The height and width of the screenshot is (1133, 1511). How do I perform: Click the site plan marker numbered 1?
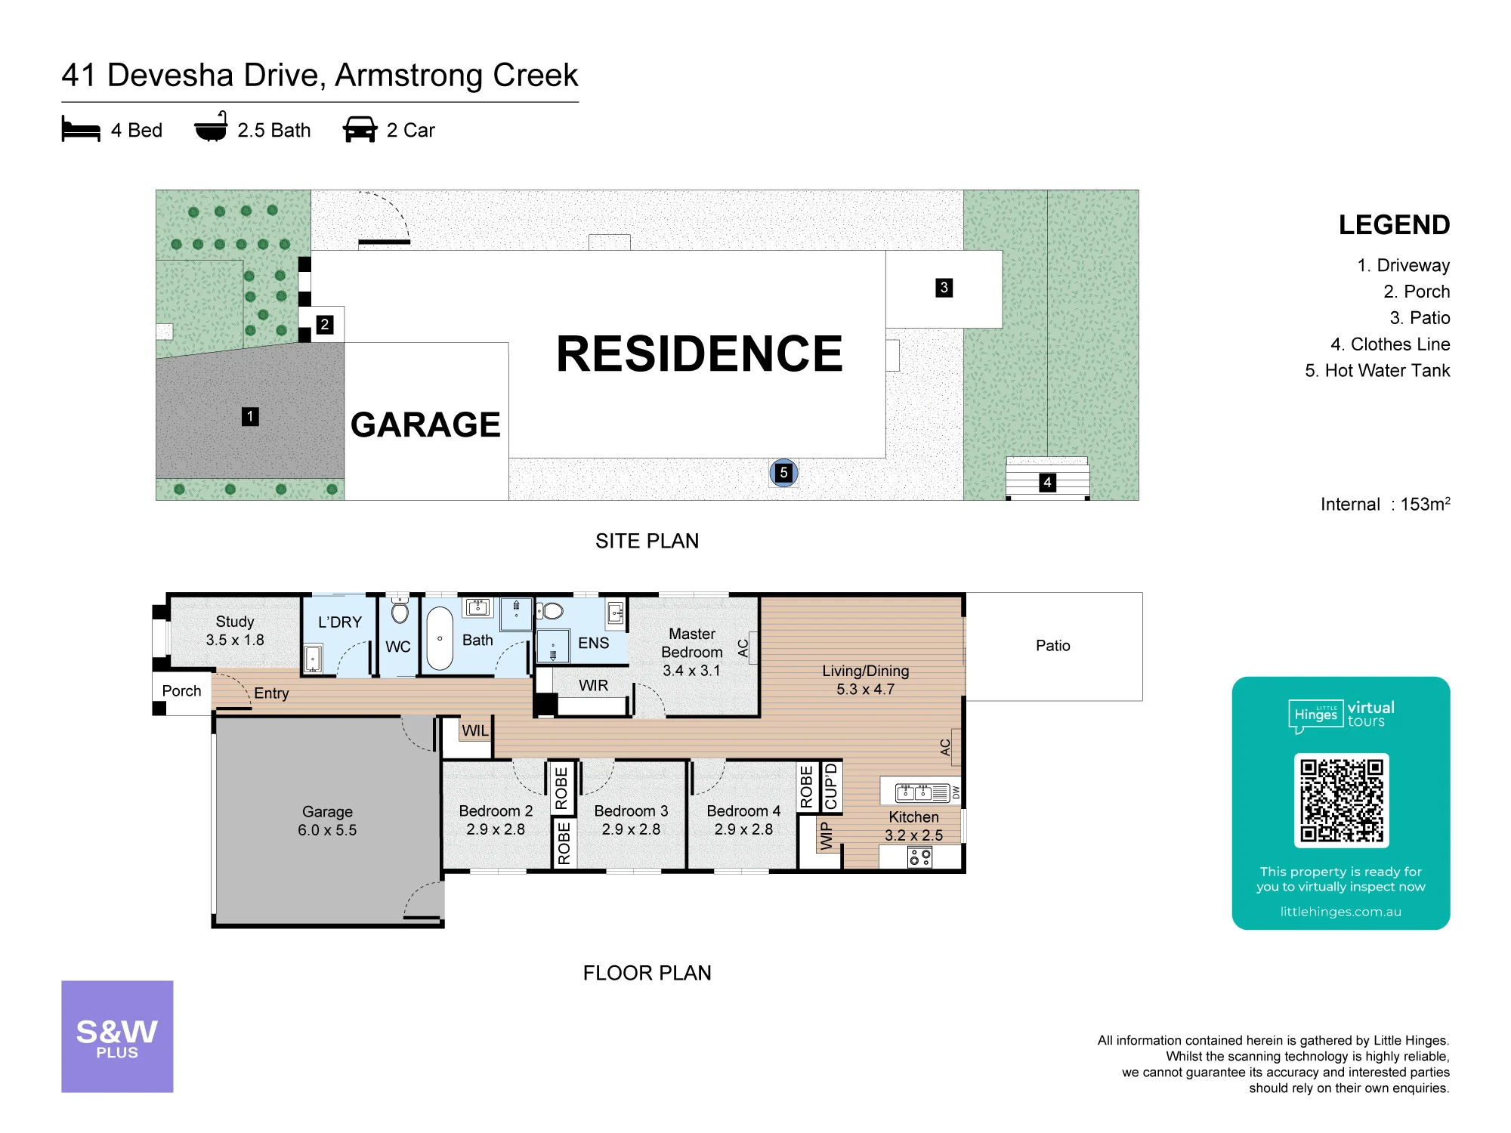(x=250, y=416)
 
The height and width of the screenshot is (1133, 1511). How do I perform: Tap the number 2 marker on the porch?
(x=325, y=324)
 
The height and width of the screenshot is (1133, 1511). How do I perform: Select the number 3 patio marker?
(x=944, y=288)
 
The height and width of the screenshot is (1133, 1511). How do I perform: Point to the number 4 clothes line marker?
(x=1047, y=482)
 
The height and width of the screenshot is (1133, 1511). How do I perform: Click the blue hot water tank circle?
(x=783, y=473)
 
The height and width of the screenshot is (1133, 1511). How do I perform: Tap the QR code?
(x=1341, y=800)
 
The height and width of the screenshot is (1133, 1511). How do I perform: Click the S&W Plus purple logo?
(x=117, y=1036)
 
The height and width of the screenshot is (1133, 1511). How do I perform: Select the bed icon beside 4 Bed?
(x=81, y=129)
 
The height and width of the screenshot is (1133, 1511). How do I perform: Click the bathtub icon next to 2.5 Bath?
(x=211, y=127)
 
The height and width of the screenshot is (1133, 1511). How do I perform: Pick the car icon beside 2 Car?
(x=360, y=129)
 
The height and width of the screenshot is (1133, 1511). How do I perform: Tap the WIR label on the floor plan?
(x=593, y=685)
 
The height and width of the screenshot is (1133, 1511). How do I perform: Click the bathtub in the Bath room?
(x=440, y=639)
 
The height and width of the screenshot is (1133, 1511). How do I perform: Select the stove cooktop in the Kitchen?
(x=919, y=857)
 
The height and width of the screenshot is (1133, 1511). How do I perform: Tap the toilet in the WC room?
(x=400, y=609)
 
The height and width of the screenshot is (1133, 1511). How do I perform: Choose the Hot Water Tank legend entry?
(x=1377, y=370)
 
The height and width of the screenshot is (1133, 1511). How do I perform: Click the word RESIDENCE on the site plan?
(x=700, y=353)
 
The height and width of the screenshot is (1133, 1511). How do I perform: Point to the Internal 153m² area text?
(x=1385, y=504)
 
